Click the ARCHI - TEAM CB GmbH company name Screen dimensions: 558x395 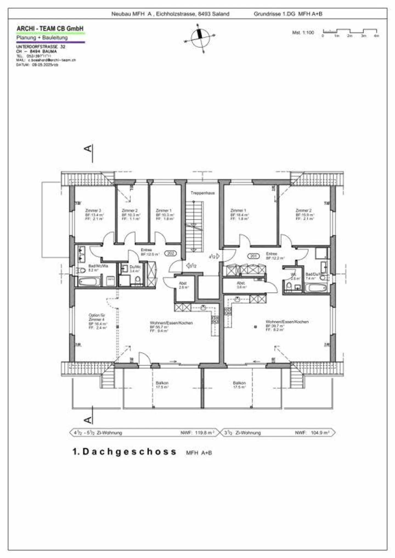click(x=50, y=29)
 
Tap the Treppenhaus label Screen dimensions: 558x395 click(x=202, y=193)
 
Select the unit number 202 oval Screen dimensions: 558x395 click(x=170, y=253)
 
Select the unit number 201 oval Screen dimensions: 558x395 click(x=253, y=256)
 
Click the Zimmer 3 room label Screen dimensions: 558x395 click(x=93, y=211)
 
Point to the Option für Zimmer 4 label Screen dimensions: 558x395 click(x=97, y=317)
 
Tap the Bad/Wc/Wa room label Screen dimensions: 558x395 click(x=98, y=266)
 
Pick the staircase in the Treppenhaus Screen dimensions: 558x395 click(x=194, y=226)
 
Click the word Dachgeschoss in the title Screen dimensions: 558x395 click(x=129, y=452)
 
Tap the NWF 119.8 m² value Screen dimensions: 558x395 click(x=204, y=433)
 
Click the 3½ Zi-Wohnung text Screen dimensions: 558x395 click(x=242, y=433)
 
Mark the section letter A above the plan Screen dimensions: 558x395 click(x=88, y=148)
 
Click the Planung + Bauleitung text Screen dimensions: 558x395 click(x=42, y=38)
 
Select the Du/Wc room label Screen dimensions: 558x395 click(x=135, y=267)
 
